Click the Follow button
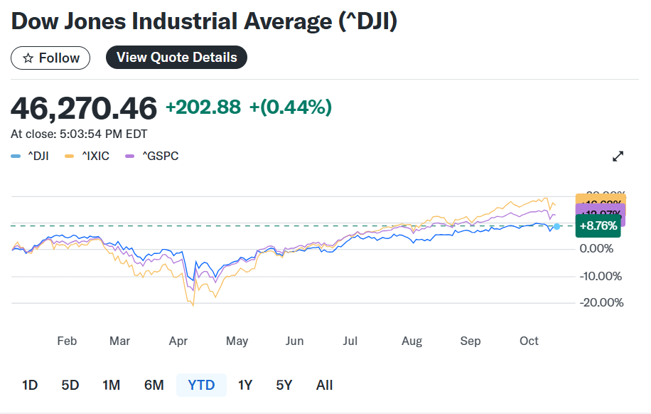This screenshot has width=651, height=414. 50,58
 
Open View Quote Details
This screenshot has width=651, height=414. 176,58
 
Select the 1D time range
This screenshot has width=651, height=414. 30,385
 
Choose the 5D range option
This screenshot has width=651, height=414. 70,385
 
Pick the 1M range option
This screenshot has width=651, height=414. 111,385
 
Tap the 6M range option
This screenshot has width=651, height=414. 154,385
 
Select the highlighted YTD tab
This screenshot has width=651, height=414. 201,385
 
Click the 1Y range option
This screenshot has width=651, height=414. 245,385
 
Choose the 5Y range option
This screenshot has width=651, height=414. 284,385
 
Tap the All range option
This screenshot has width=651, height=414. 324,385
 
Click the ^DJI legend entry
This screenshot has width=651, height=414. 30,156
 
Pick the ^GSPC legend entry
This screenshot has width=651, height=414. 152,156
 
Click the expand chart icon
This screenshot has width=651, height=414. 618,156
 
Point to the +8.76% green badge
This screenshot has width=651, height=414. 598,226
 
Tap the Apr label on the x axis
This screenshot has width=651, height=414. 178,341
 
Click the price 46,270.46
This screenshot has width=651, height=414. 84,108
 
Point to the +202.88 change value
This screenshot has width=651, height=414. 203,107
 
